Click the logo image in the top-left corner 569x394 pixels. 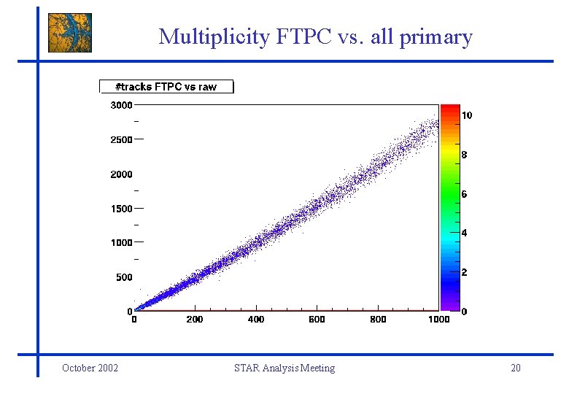click(x=70, y=32)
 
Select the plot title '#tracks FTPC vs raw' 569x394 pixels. click(x=167, y=87)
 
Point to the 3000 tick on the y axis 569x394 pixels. click(x=121, y=105)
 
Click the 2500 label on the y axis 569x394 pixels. click(x=121, y=139)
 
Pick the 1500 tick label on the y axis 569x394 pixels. click(x=121, y=209)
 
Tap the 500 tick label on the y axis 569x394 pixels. click(x=124, y=277)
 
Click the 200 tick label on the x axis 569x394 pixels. click(x=195, y=320)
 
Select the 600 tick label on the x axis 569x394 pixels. click(x=317, y=320)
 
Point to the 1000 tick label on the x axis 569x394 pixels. click(x=438, y=320)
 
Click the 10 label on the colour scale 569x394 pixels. click(x=468, y=115)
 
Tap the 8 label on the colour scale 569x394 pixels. click(x=465, y=155)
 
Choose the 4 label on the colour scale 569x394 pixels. click(x=465, y=233)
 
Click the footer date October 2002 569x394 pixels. click(x=90, y=368)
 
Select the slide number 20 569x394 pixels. click(x=516, y=368)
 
